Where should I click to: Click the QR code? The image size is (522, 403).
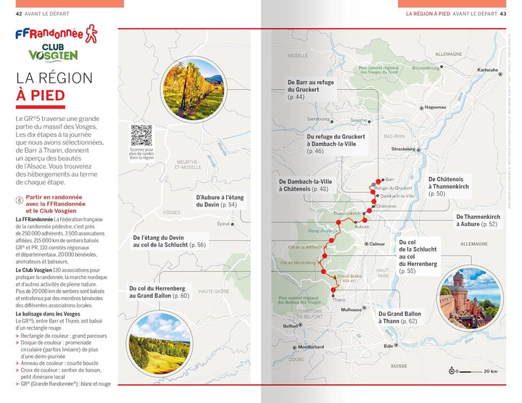[141, 136]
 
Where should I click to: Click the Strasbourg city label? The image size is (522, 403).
[403, 150]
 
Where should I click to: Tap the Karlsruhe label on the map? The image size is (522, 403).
[487, 70]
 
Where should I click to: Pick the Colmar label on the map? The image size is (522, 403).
[377, 244]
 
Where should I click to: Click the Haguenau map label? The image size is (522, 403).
[435, 107]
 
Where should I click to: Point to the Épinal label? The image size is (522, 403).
[223, 224]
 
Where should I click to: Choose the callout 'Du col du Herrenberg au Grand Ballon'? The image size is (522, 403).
[159, 292]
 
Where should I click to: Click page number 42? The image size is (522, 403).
[9, 13]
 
